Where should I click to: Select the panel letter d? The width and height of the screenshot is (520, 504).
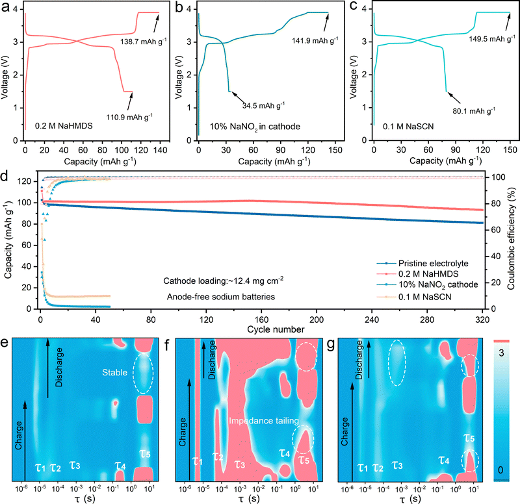6,176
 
